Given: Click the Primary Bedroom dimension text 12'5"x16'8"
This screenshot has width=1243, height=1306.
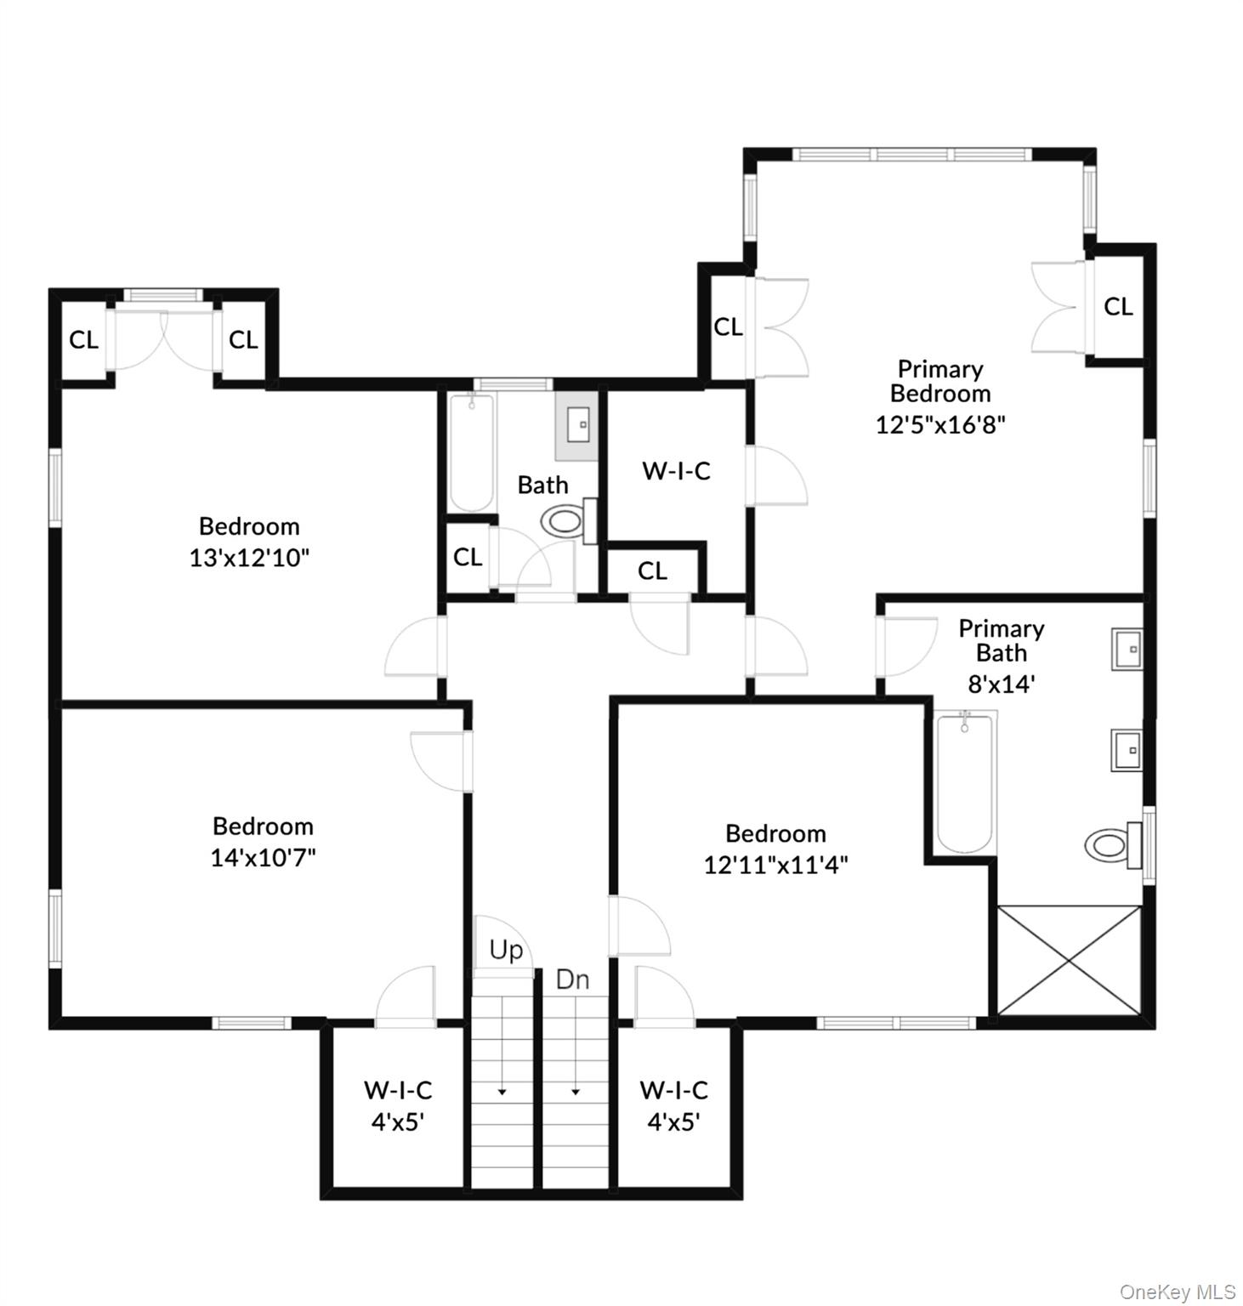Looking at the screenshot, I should (940, 423).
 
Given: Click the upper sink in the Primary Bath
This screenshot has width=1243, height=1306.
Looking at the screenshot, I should (1127, 650).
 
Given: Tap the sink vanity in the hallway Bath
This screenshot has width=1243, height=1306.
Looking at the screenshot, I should (577, 423).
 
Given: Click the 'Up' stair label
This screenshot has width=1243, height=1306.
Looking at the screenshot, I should (506, 950).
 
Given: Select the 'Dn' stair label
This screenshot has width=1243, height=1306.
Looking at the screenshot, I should (572, 979).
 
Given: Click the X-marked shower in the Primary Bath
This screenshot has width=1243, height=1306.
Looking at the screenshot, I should (1069, 960).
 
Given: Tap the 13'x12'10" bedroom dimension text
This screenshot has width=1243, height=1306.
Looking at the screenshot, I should (249, 558).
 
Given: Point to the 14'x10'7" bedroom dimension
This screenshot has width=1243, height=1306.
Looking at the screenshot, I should (263, 857).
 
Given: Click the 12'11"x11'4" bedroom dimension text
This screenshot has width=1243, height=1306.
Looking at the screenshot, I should (775, 865).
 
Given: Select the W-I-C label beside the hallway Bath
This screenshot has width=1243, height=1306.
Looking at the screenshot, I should (676, 470).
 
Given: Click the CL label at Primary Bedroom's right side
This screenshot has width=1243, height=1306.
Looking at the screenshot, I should (1118, 306).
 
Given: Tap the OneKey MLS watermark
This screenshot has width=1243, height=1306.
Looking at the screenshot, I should (1177, 1292).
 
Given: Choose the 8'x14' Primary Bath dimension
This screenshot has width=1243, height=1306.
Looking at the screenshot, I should (1001, 683).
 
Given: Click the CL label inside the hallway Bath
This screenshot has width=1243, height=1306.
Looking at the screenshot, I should (468, 557).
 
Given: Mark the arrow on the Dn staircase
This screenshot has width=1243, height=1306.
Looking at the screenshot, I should (576, 1091).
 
